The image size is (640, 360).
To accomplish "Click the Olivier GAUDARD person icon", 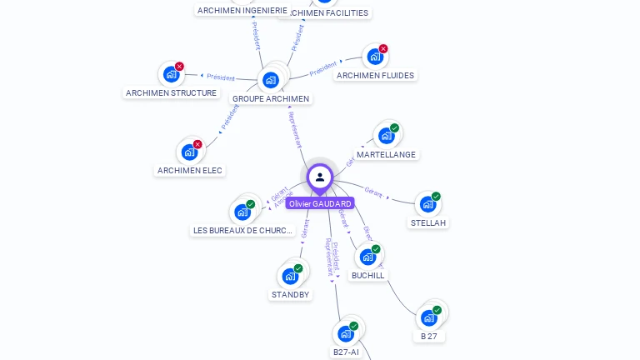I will [x=319, y=177].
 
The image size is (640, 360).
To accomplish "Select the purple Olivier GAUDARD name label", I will [x=320, y=203].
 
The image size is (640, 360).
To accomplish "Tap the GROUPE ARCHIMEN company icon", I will [x=270, y=80].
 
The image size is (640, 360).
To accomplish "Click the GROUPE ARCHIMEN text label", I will [x=271, y=98].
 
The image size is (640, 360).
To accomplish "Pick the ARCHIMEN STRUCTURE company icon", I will [x=171, y=74].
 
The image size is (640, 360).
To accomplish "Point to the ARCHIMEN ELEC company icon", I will [x=190, y=152].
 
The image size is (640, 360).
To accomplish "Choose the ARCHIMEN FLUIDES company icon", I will [x=374, y=57].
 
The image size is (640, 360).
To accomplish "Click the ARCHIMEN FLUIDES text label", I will [x=375, y=75].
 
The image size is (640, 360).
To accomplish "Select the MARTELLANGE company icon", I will [x=386, y=136].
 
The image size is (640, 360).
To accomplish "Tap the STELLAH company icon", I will [x=427, y=204].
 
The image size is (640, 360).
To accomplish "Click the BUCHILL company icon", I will [x=367, y=257].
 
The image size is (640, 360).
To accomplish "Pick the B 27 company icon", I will [x=428, y=317].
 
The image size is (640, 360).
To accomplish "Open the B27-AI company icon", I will [x=346, y=333].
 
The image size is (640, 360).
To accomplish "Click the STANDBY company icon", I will [x=290, y=276].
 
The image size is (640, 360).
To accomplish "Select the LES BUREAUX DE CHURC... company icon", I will [x=242, y=212].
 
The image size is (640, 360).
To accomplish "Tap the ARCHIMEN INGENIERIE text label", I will [x=242, y=10].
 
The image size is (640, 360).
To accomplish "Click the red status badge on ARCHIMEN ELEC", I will [x=197, y=144].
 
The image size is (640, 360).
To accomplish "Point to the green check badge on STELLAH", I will [x=436, y=197].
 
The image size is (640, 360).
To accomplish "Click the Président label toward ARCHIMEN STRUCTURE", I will [x=220, y=77].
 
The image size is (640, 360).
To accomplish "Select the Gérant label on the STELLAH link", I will [x=373, y=192].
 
